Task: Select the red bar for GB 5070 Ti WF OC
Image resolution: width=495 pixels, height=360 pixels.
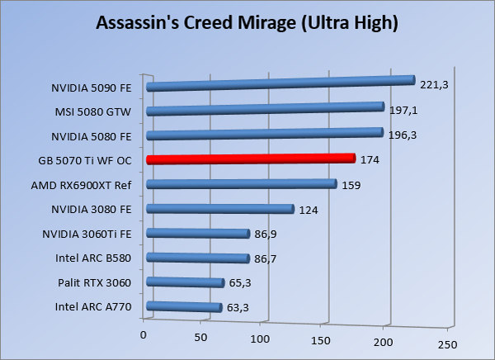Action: point(250,159)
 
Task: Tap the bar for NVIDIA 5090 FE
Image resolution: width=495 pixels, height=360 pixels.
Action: point(279,83)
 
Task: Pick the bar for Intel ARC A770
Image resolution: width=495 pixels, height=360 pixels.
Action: point(184,308)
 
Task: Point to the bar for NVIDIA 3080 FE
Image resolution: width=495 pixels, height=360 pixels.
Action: point(219,209)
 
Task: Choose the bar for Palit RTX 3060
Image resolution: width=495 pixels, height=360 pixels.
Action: point(185,283)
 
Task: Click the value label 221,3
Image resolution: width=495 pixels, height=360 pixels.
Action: point(434,84)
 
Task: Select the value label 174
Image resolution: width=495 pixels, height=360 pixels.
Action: point(370,159)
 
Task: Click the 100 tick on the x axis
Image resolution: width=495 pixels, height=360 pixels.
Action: point(262,339)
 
